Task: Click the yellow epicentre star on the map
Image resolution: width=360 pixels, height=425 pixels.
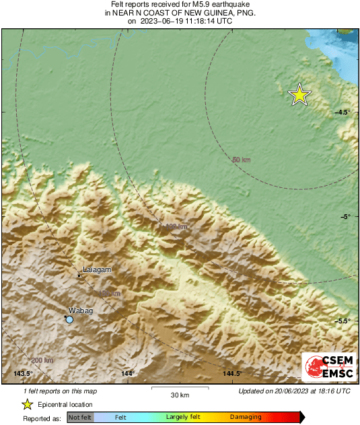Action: pyautogui.click(x=299, y=95)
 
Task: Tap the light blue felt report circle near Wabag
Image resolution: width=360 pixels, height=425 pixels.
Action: pyautogui.click(x=69, y=320)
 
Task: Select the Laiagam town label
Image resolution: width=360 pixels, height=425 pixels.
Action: pyautogui.click(x=96, y=269)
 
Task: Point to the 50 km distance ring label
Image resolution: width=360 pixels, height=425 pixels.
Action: pyautogui.click(x=241, y=160)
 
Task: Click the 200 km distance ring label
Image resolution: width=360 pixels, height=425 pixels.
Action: pyautogui.click(x=42, y=361)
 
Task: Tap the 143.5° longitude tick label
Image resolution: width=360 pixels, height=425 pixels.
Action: pyautogui.click(x=24, y=374)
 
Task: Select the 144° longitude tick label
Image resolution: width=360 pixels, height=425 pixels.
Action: pyautogui.click(x=128, y=374)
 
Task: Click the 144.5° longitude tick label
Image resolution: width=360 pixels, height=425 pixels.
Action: pyautogui.click(x=233, y=374)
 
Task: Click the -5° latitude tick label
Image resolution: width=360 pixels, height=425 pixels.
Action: pyautogui.click(x=345, y=216)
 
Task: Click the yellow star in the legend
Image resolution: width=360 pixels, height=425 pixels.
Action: pyautogui.click(x=27, y=404)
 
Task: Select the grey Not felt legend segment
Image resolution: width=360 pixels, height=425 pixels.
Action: pyautogui.click(x=80, y=418)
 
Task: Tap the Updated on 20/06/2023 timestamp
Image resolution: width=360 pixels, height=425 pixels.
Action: pyautogui.click(x=294, y=391)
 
